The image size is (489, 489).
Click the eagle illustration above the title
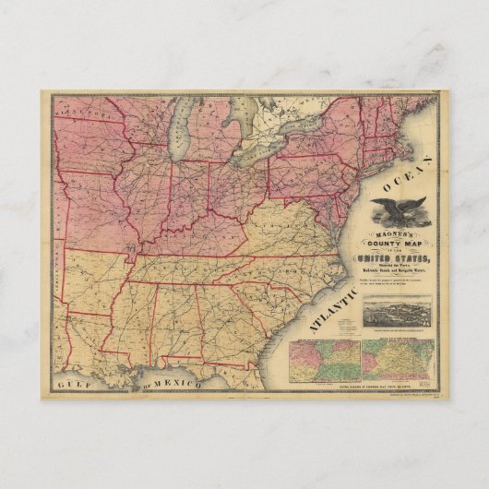(399, 211)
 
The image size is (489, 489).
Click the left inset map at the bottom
(323, 357)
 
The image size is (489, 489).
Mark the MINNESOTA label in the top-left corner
(78, 110)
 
